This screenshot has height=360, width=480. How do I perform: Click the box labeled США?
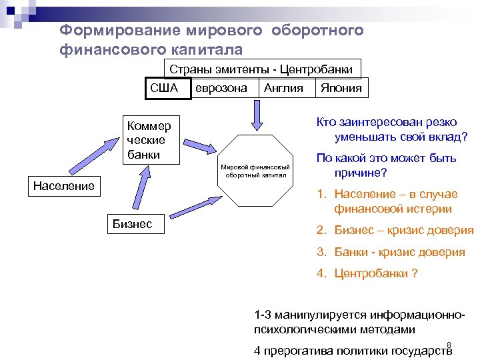(164, 88)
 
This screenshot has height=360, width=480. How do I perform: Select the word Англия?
(283, 88)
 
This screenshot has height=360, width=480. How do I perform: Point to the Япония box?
(341, 88)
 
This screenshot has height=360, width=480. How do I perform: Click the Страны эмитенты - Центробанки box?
(261, 69)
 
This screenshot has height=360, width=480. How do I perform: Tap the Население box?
(64, 186)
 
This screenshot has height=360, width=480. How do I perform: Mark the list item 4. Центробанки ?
(367, 273)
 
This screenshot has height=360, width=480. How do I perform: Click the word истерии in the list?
(427, 209)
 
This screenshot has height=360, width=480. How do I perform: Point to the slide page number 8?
(449, 345)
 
